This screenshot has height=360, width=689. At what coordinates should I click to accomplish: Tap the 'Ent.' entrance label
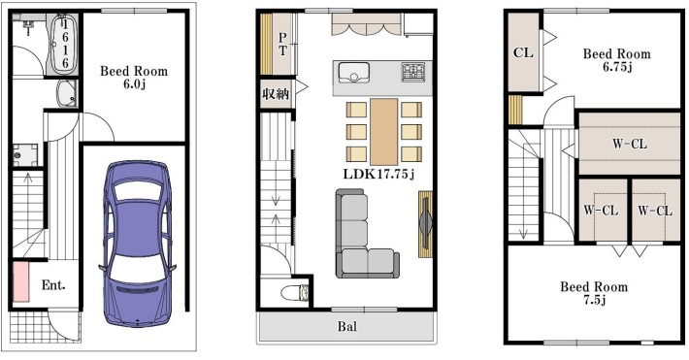[53, 286]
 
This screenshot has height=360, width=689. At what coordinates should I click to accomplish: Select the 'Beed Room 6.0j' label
[134, 78]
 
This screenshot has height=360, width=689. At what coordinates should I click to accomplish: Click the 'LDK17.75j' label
[378, 175]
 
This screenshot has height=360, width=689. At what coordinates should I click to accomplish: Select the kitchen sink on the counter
[352, 73]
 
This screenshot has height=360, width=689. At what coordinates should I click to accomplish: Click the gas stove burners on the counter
[413, 71]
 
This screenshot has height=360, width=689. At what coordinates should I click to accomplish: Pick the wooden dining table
[383, 130]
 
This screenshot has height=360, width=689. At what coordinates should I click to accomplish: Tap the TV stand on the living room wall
[425, 224]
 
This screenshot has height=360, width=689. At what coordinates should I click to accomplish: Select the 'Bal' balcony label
[346, 327]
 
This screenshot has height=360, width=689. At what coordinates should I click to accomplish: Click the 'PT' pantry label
[282, 44]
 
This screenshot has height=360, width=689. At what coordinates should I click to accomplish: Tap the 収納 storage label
[275, 94]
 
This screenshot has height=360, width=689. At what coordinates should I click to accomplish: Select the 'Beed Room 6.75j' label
[616, 60]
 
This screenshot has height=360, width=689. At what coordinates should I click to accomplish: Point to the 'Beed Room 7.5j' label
[593, 293]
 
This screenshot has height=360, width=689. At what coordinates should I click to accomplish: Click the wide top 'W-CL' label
[629, 145]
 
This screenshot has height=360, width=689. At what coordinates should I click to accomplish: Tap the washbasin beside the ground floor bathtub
[69, 95]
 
